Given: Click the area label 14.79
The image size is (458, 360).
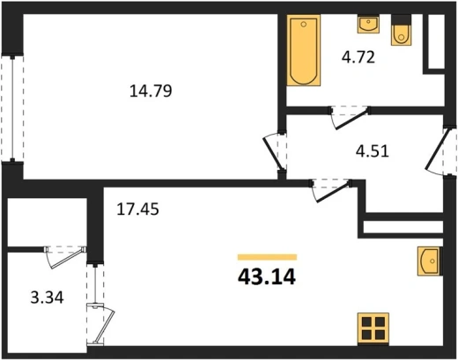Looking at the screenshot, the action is coord(151,91).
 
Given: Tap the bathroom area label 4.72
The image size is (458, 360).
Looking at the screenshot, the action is coord(358,57).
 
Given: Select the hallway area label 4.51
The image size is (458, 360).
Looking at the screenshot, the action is coord(373,151).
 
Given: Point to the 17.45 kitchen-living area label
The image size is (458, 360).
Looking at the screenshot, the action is coord(137,209).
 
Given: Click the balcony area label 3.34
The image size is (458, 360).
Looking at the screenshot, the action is coord(47,298).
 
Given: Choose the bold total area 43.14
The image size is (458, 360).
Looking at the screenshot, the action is coord(267,277).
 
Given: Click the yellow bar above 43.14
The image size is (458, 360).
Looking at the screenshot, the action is coord(267,257).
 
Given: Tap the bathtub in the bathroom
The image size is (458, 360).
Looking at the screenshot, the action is coord(304,50).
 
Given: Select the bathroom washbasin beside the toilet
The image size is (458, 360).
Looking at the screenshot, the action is coord(368,24).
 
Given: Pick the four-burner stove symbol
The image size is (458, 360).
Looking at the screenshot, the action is coord(373,329).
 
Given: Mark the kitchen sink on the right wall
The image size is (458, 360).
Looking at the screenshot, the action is coord(430,261).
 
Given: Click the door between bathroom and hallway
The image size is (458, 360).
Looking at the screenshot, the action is coord(350,117).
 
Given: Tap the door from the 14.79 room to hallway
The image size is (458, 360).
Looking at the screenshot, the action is coord(276,152).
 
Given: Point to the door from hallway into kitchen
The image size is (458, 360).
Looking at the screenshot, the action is coord(331,190).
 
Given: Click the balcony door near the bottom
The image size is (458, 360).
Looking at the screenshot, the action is coord(100,325).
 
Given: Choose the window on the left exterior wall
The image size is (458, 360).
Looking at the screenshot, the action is coord(12,108).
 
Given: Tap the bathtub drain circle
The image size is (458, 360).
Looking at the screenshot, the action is coord(304,25).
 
